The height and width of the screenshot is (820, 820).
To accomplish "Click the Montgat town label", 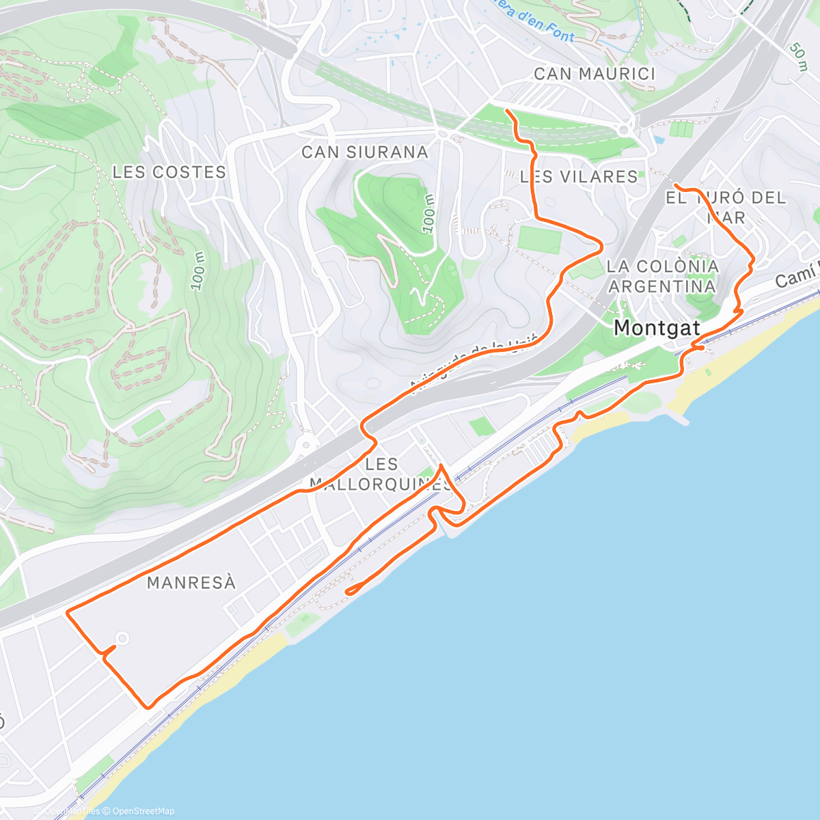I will coord(657,328).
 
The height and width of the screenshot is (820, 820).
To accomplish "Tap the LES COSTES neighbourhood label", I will coord(169,172).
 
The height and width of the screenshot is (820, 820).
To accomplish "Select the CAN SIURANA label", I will coord(365,152).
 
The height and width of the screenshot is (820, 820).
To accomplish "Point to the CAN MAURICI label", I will coord(594,74).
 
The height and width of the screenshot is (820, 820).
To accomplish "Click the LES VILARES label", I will coord(579,176).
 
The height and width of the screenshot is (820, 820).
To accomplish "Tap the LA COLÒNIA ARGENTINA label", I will coord(663,276).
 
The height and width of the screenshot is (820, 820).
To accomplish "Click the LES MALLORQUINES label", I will coord(381,474).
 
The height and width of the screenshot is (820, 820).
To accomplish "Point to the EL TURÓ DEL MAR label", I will coord(726,207).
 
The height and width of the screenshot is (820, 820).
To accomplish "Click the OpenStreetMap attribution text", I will coord(143,811).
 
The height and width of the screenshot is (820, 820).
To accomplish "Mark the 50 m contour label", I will coord(797,56).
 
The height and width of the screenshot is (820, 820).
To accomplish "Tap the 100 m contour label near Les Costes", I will coord(198,271).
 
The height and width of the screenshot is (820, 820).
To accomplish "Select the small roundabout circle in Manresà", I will coord(122,639).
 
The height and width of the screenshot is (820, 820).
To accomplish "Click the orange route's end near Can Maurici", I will coord(506,110).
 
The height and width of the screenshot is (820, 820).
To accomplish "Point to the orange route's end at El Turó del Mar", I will coord(675,185).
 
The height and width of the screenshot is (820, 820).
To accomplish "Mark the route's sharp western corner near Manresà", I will coord(67,613).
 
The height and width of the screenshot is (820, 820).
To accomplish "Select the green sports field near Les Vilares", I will coord(539,240).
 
